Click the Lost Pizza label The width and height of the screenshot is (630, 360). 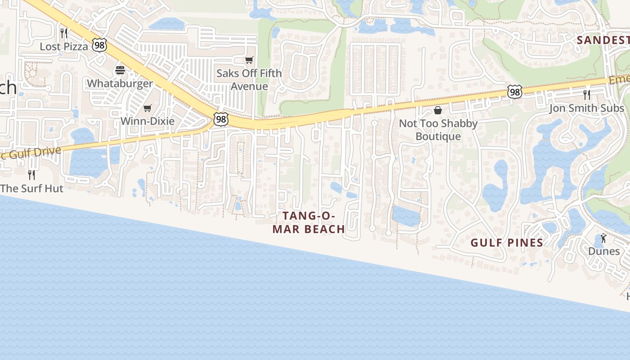pyautogui.click(x=64, y=46)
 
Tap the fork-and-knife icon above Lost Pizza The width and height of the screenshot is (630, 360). pyautogui.click(x=64, y=33)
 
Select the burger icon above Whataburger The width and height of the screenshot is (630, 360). pyautogui.click(x=120, y=70)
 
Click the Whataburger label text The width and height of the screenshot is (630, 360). pyautogui.click(x=120, y=83)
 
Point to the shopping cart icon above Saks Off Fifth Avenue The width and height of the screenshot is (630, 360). pyautogui.click(x=249, y=60)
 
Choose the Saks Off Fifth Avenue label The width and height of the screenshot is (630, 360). pyautogui.click(x=249, y=80)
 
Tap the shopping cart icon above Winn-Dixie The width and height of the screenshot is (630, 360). pyautogui.click(x=147, y=108)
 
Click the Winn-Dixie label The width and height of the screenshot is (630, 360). pyautogui.click(x=147, y=121)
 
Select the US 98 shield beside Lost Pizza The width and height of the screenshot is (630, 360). pyautogui.click(x=99, y=45)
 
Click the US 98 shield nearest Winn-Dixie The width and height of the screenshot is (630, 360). pyautogui.click(x=221, y=119)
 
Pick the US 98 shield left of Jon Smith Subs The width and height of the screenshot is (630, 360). pyautogui.click(x=514, y=91)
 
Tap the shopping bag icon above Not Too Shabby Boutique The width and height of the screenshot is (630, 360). pyautogui.click(x=438, y=110)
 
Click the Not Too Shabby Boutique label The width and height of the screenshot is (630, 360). pyautogui.click(x=438, y=130)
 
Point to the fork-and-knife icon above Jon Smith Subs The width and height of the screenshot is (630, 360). pyautogui.click(x=586, y=94)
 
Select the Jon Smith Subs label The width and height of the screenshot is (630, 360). pyautogui.click(x=586, y=108)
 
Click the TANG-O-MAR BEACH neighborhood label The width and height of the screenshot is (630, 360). pyautogui.click(x=309, y=222)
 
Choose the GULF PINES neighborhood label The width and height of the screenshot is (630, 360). pyautogui.click(x=507, y=243)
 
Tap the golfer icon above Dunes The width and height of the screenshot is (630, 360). pyautogui.click(x=603, y=238)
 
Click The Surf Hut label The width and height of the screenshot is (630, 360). pyautogui.click(x=31, y=188)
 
